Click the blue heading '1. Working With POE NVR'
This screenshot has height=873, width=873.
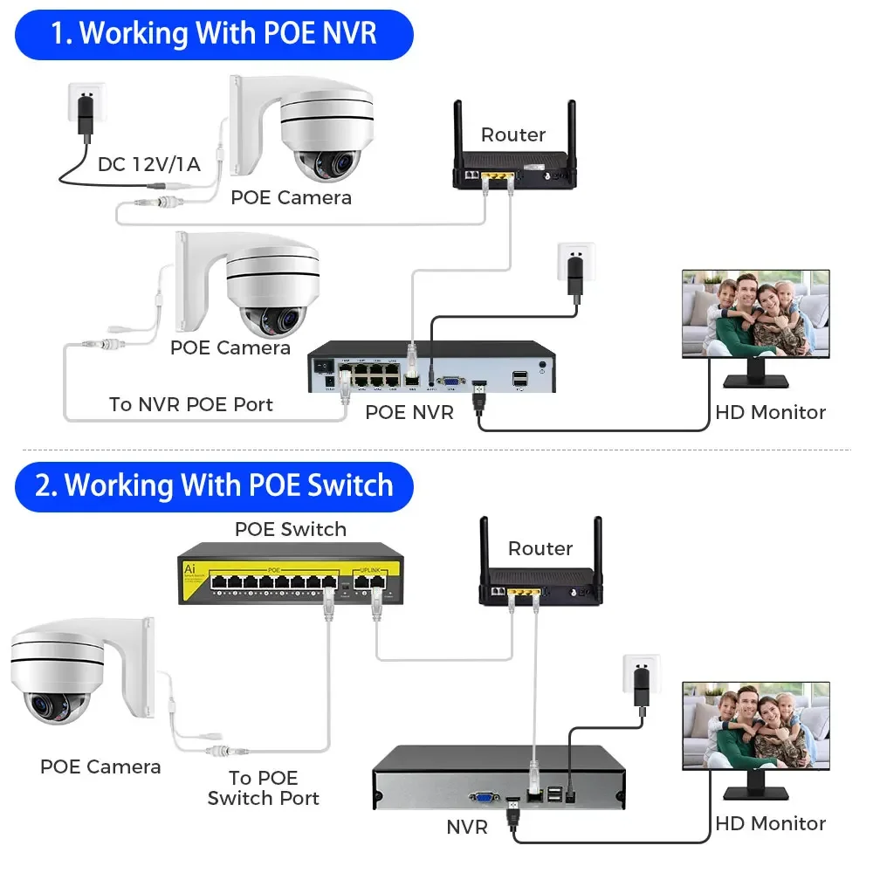pyautogui.click(x=213, y=34)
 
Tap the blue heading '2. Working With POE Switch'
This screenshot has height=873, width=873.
pyautogui.click(x=213, y=486)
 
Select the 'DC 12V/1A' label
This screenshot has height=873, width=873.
pyautogui.click(x=148, y=163)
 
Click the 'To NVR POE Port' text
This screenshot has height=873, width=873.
pyautogui.click(x=190, y=404)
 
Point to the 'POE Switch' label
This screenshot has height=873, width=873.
pyautogui.click(x=290, y=529)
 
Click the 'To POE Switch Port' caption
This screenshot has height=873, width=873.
pyautogui.click(x=263, y=787)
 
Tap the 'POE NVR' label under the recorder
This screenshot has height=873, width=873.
pyautogui.click(x=409, y=412)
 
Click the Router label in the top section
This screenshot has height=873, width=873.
pyautogui.click(x=513, y=134)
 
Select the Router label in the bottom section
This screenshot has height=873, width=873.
pyautogui.click(x=540, y=548)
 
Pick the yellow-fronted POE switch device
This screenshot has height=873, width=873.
pyautogui.click(x=290, y=577)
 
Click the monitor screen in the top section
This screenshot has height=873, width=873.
pyautogui.click(x=755, y=313)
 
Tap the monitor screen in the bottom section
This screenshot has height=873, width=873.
pyautogui.click(x=755, y=725)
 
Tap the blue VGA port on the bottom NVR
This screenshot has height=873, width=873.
pyautogui.click(x=483, y=797)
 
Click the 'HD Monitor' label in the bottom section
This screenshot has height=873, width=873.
pyautogui.click(x=770, y=823)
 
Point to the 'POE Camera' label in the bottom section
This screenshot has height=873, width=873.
pyautogui.click(x=100, y=766)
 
